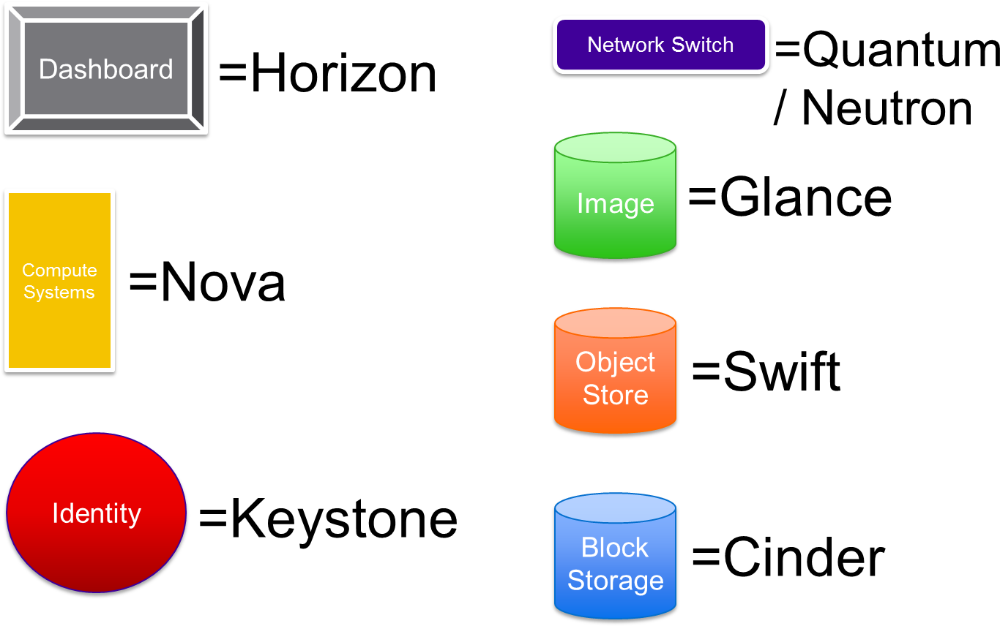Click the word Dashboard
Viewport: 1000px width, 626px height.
[x=106, y=69]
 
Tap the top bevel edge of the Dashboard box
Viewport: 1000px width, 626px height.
[x=106, y=12]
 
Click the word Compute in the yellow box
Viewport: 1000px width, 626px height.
[x=59, y=271]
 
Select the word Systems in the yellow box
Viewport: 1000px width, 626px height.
[x=59, y=293]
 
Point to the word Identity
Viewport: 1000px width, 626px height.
[x=97, y=513]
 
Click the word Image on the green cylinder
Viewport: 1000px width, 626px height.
[x=615, y=204]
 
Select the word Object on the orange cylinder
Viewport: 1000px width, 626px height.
[x=615, y=363]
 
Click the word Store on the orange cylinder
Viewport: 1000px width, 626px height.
[x=615, y=395]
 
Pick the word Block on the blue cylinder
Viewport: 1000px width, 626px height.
[x=615, y=548]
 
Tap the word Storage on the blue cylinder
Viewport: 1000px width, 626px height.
[x=615, y=581]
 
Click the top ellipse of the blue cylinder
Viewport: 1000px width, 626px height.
[x=615, y=508]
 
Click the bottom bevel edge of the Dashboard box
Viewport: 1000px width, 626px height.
[x=106, y=125]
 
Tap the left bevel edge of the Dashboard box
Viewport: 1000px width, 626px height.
[x=15, y=69]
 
